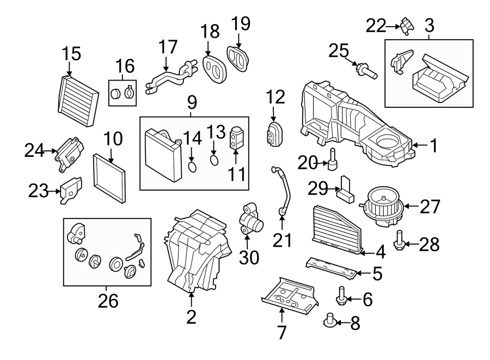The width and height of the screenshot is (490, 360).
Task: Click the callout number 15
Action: click(x=71, y=54)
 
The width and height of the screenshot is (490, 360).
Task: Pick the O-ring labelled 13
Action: click(x=214, y=161)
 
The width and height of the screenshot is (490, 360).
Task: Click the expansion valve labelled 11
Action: click(x=235, y=138)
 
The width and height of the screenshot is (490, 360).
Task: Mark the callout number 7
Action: click(x=281, y=332)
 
